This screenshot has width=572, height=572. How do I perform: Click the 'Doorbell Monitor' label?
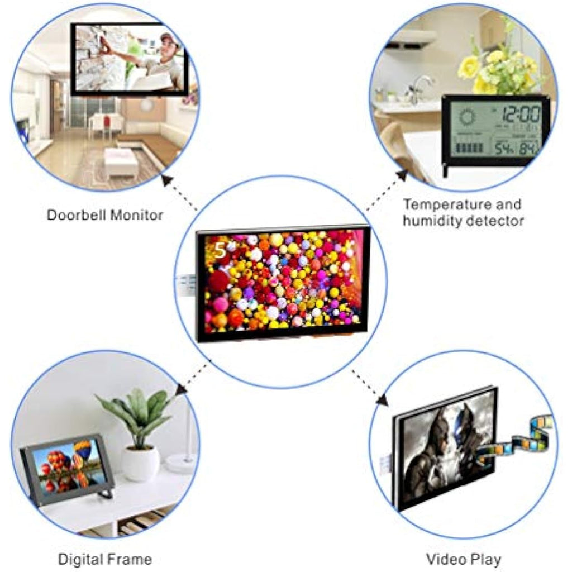pos(105,215)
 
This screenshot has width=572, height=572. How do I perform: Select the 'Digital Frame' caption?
pos(105,559)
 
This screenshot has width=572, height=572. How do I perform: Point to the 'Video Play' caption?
pos(464,559)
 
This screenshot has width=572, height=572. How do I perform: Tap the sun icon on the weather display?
pos(467,117)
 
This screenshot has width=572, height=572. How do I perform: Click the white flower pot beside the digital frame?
pos(140,462)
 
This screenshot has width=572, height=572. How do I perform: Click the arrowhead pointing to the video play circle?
pos(382,399)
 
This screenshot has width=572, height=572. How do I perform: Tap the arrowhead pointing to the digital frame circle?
pos(182,390)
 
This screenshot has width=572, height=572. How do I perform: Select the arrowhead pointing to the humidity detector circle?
pos(402,175)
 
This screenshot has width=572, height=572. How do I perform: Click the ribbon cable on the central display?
pos(186,285)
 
